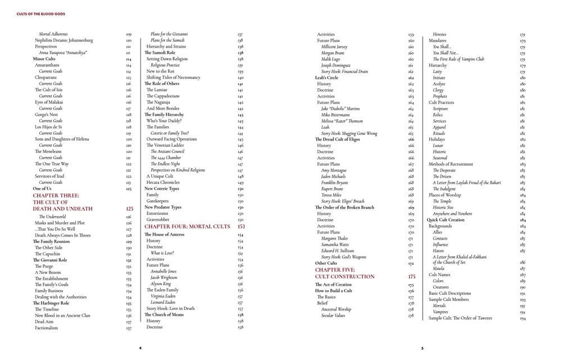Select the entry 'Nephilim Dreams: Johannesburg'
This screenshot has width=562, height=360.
click(x=64, y=40)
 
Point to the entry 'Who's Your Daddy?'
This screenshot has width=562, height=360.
click(x=163, y=121)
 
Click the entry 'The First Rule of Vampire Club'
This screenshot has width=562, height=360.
click(x=458, y=59)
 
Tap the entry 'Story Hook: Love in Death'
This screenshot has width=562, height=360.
click(x=171, y=308)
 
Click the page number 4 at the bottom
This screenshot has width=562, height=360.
click(x=140, y=348)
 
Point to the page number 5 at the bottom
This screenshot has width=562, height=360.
click(x=422, y=348)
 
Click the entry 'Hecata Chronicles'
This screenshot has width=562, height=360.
click(x=164, y=183)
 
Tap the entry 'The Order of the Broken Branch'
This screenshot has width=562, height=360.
click(x=345, y=208)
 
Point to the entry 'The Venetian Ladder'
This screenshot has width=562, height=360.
click(x=166, y=146)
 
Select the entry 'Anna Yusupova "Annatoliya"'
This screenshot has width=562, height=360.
click(x=64, y=53)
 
